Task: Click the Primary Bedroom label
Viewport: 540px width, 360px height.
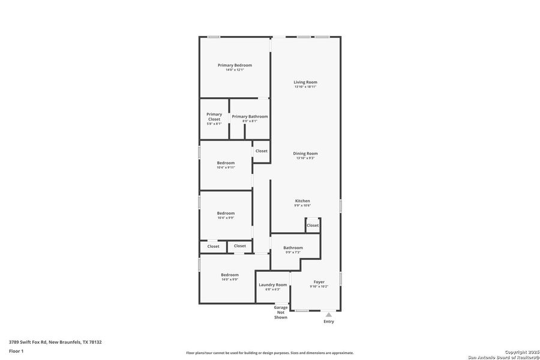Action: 235,65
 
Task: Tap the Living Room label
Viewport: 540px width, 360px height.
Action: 305,82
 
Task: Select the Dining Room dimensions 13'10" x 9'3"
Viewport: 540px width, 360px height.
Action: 305,158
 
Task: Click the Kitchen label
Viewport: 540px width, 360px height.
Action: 302,200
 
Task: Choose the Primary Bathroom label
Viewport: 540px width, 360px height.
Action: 250,116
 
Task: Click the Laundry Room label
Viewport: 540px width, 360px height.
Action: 272,285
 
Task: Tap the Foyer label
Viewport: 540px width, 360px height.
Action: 319,282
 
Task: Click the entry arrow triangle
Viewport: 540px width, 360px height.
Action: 328,314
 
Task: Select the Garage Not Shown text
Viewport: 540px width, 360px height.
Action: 280,312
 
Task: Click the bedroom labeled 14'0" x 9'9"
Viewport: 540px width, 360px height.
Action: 229,275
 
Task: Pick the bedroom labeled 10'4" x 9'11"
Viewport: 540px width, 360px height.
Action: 226,163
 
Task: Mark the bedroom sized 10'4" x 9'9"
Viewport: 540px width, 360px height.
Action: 226,214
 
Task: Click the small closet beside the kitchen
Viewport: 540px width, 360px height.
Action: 313,226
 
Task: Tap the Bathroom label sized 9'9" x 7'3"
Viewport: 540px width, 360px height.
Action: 293,248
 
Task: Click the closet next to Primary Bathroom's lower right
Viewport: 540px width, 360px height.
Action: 261,151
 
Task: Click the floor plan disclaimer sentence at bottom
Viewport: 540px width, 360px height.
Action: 269,353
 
